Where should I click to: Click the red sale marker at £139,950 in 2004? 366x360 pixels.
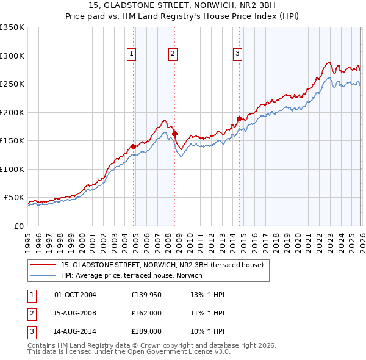coord(133,146)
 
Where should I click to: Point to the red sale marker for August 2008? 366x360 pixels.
coord(174,134)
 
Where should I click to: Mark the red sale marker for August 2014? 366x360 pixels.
coord(239,118)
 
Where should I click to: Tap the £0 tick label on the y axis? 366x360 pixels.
coord(18,226)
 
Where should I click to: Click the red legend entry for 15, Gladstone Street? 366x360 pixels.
coord(162,265)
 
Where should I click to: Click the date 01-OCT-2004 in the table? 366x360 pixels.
coord(75,295)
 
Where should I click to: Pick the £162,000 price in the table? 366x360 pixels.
coord(146,314)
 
